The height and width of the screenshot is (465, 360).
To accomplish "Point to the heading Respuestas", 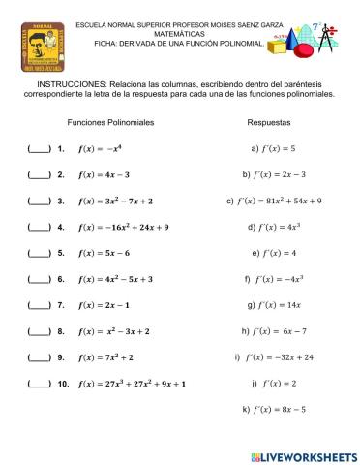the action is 269,124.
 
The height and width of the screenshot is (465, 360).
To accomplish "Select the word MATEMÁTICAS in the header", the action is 179,33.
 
